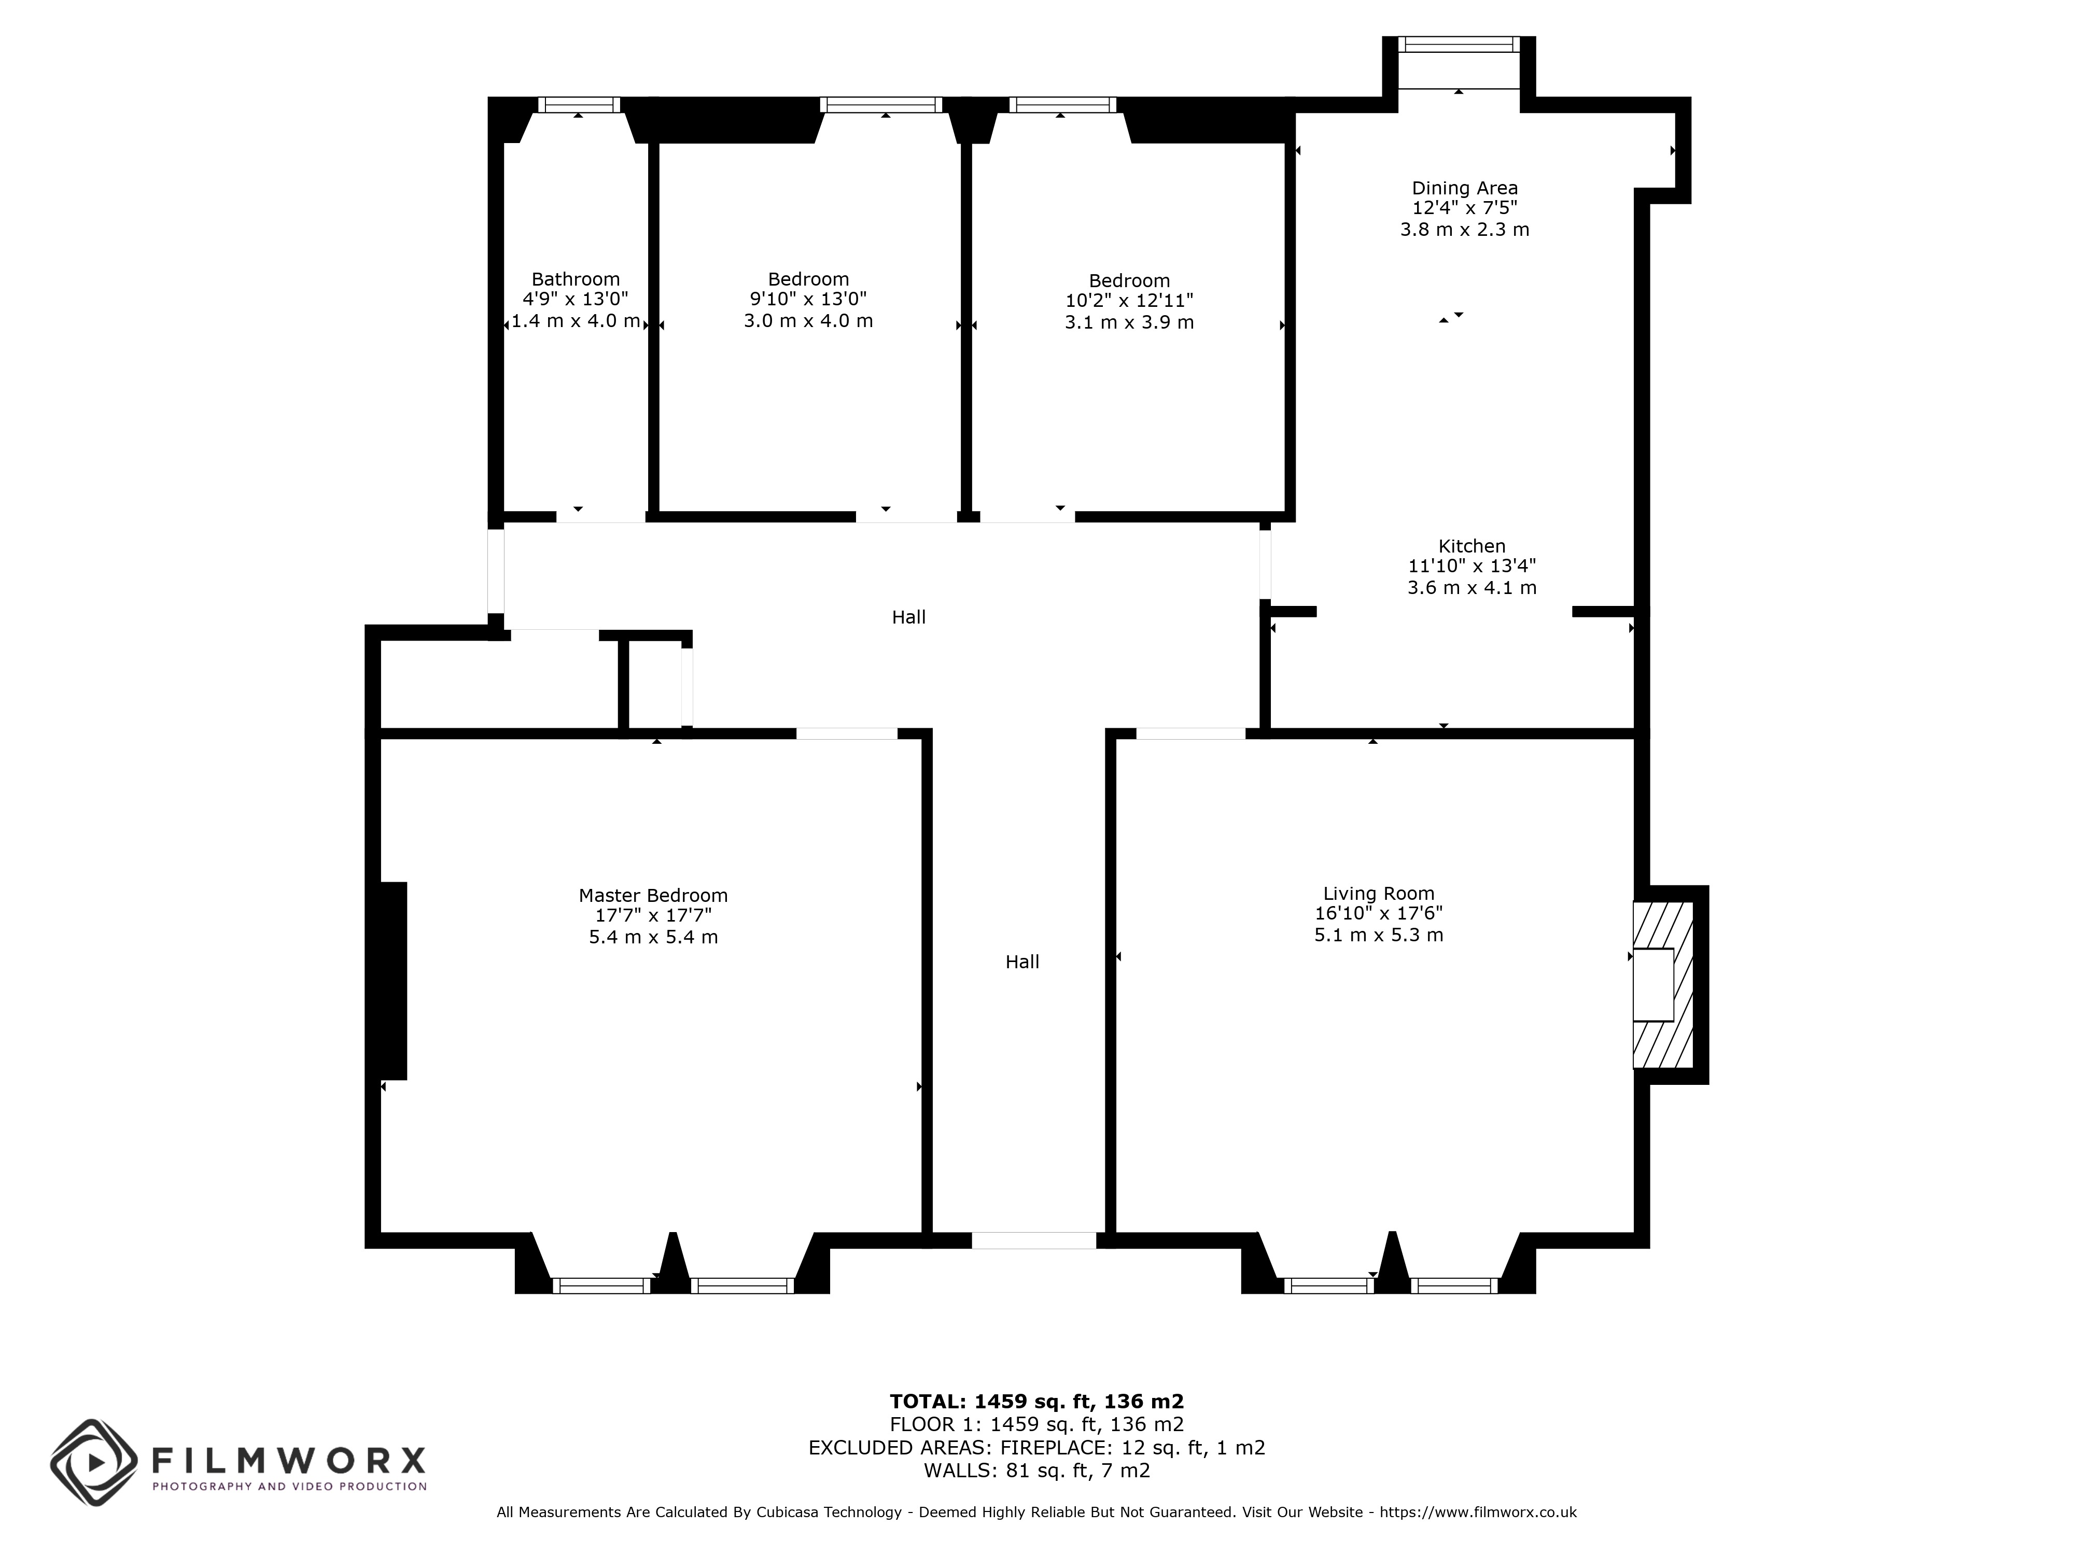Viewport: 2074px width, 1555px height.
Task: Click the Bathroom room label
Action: click(x=576, y=279)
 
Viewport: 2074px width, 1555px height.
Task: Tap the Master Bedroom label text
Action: click(x=653, y=895)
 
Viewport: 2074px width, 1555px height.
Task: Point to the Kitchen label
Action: click(x=1472, y=545)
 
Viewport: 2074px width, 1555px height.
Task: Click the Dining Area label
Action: click(x=1465, y=188)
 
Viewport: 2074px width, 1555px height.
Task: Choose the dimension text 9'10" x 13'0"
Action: click(x=808, y=299)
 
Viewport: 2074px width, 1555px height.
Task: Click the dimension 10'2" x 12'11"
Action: click(x=1129, y=301)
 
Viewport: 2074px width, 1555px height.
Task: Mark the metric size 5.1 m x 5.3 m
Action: click(x=1378, y=935)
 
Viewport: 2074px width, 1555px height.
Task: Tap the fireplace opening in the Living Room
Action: click(x=1653, y=984)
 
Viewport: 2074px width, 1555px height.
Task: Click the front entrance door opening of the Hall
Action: click(x=1033, y=1240)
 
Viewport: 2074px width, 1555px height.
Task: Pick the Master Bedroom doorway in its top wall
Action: click(x=847, y=733)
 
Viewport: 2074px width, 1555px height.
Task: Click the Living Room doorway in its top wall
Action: click(x=1191, y=733)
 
